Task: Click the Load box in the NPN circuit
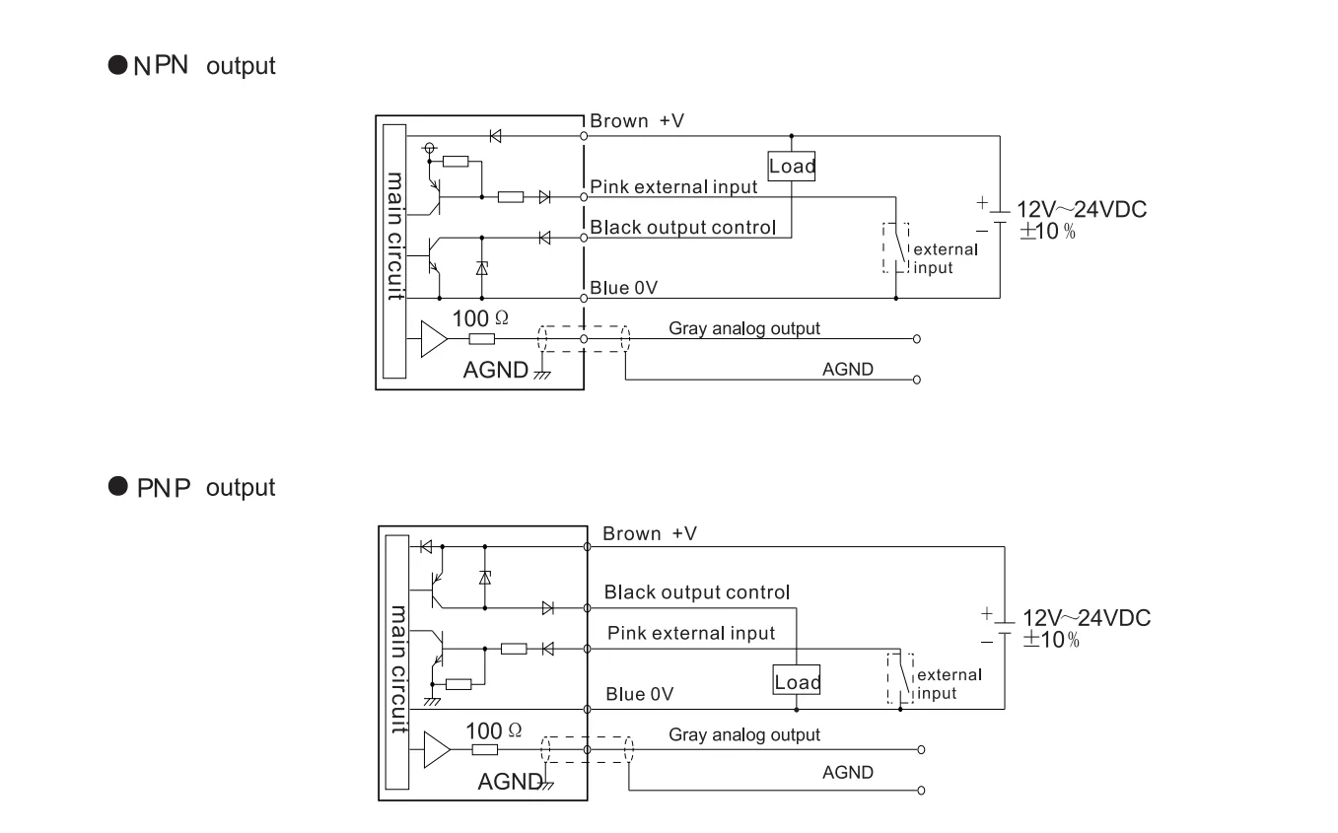(x=792, y=166)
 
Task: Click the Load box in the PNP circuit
(x=797, y=679)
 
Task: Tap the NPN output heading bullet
(x=117, y=65)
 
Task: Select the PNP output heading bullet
(x=117, y=486)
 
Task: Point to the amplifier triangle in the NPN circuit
(x=434, y=339)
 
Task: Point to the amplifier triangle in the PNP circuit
(x=437, y=749)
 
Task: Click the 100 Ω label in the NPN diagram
(x=480, y=318)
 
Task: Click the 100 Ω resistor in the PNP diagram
(x=484, y=749)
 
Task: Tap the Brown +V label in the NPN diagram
(x=637, y=120)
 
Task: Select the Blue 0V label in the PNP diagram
(x=639, y=694)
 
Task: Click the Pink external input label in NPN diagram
(x=673, y=187)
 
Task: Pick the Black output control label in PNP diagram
(x=696, y=591)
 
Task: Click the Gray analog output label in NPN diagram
(x=743, y=328)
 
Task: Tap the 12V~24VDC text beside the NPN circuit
(x=1082, y=209)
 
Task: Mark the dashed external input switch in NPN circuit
(x=896, y=247)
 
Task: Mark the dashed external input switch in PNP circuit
(x=900, y=679)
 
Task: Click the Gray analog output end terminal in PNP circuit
(x=921, y=749)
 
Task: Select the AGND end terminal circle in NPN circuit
(x=917, y=380)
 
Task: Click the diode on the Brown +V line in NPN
(x=495, y=136)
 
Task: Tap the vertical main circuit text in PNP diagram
(x=398, y=668)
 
